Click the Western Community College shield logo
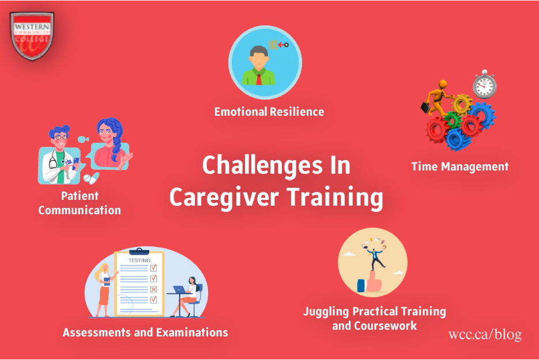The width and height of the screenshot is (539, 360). click(x=32, y=36)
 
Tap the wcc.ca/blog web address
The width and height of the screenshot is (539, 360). click(x=485, y=334)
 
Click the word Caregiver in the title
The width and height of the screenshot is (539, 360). click(x=224, y=198)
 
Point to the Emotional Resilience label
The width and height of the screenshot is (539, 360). click(x=269, y=112)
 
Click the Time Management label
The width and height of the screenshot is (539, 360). click(x=460, y=166)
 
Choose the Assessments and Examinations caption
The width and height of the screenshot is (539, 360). click(x=145, y=332)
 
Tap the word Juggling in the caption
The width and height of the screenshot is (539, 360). click(x=326, y=312)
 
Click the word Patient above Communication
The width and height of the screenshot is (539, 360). click(x=80, y=196)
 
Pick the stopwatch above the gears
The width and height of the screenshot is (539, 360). click(x=484, y=84)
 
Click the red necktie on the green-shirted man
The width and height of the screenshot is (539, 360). click(x=259, y=79)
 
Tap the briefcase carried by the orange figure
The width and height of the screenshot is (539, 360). click(x=425, y=108)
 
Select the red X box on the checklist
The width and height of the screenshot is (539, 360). click(x=153, y=289)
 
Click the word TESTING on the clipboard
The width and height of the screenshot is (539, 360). click(x=140, y=260)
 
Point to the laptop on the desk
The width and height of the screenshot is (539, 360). click(x=179, y=289)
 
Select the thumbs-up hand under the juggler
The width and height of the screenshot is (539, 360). click(x=370, y=282)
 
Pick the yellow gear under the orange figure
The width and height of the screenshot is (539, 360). click(x=462, y=104)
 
